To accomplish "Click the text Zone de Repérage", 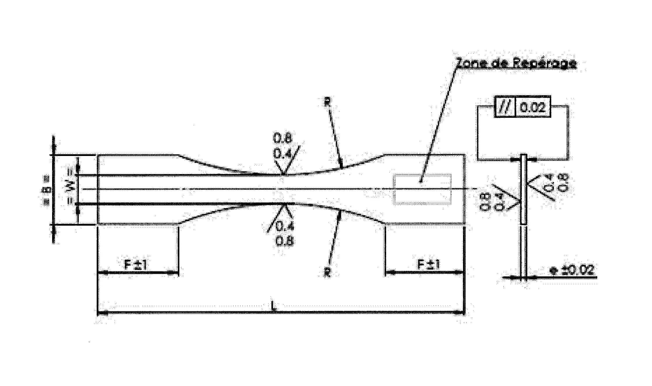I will click(x=516, y=64).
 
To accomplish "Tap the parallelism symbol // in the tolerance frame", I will click(x=505, y=107).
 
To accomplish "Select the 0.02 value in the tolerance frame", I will click(x=533, y=107).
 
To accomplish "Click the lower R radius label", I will click(x=327, y=273).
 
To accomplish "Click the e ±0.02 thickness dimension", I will click(x=571, y=270).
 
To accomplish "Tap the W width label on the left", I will click(x=71, y=190).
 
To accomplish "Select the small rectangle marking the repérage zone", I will click(x=422, y=189).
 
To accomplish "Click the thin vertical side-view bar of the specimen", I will click(x=523, y=190).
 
